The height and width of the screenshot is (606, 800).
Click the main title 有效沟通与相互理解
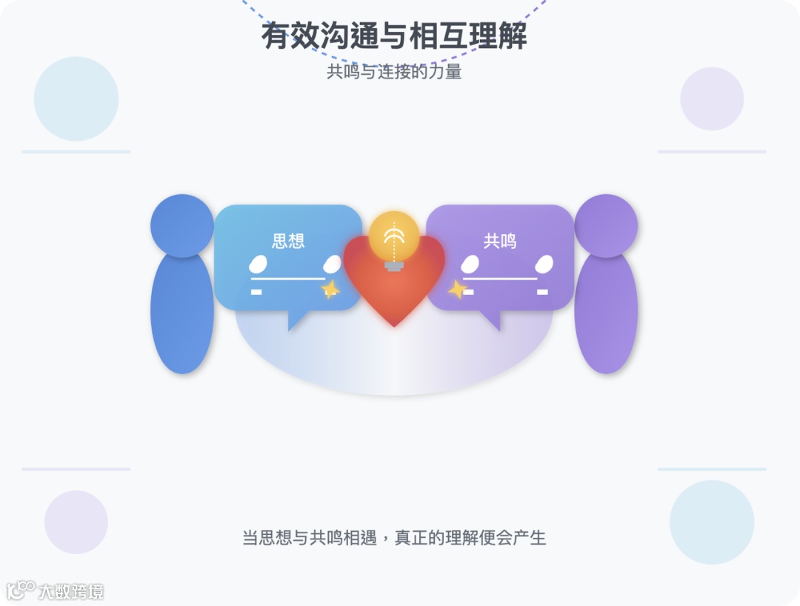tap(394, 36)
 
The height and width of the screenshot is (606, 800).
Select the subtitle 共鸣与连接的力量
tap(394, 72)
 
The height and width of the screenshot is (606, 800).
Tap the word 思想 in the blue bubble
tap(288, 241)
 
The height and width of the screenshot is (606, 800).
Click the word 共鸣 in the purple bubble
tap(500, 241)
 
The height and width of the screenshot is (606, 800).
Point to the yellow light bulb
tap(394, 237)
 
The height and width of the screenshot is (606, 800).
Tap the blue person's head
tap(182, 226)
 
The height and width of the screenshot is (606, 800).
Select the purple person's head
tap(606, 226)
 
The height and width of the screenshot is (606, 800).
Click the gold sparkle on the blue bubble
tap(330, 289)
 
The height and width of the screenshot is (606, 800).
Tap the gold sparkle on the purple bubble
tap(458, 289)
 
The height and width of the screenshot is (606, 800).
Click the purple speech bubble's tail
tap(490, 319)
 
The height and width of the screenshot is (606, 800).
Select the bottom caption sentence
tap(394, 538)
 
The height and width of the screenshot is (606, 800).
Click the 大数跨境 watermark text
tap(71, 591)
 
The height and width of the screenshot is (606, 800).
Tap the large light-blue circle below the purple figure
tap(712, 522)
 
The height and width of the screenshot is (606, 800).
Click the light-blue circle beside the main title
tap(76, 99)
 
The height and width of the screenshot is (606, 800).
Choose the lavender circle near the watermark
tap(76, 522)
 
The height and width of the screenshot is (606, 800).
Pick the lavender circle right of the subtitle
tap(712, 99)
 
